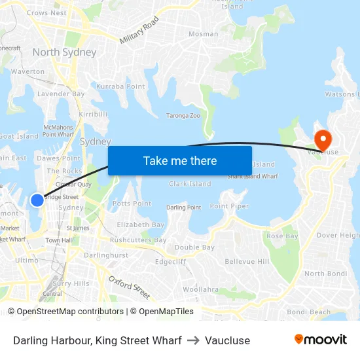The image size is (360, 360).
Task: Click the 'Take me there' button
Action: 180,160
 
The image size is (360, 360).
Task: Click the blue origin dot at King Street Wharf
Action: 37,200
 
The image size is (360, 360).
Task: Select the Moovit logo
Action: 320,340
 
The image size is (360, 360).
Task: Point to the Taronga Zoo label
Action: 183,115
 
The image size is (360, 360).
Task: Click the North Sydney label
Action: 64,52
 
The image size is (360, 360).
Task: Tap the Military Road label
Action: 139,31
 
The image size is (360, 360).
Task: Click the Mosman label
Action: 203,34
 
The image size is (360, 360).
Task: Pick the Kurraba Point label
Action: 121,86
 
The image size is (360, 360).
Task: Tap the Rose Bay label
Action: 282,236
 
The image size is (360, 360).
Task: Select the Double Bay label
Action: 194,247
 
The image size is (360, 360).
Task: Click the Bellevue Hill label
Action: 247,261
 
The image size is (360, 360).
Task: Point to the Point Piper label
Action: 229,206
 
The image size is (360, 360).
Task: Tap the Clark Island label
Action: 190,184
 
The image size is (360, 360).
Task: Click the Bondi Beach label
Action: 308,312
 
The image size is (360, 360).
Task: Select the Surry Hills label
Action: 71,283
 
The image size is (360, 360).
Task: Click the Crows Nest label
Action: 46,12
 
